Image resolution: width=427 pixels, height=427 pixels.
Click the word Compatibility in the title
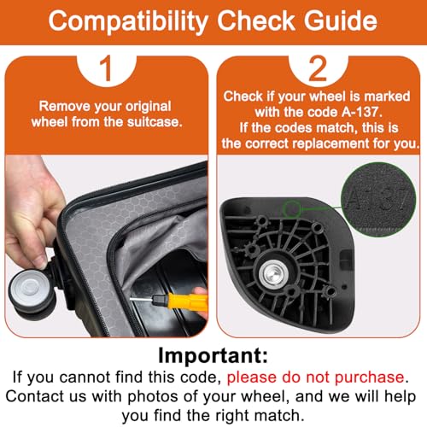128,21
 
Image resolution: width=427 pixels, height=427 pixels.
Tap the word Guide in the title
341,20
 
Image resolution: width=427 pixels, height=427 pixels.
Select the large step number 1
107,68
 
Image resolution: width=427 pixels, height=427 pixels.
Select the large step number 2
318,68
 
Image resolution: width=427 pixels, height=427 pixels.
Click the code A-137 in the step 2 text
361,112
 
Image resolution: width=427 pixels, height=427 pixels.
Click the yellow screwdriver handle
180,301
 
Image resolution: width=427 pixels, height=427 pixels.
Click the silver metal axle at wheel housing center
273,273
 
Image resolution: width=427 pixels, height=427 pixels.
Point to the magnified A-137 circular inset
378,199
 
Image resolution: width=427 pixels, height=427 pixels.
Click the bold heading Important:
213,355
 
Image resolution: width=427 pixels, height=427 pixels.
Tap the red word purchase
369,377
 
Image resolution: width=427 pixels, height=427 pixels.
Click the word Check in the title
256,20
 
